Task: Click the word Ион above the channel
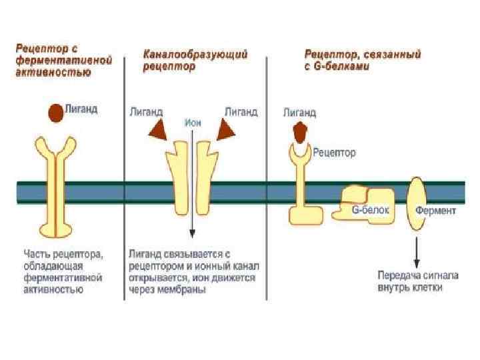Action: click(x=192, y=123)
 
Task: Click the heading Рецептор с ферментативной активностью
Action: click(x=63, y=59)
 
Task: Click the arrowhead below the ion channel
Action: click(x=192, y=233)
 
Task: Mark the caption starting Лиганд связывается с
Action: click(x=193, y=271)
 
